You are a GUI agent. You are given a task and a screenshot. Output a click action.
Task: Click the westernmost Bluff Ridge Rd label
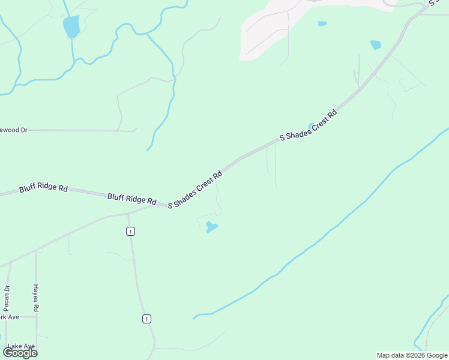[43, 188]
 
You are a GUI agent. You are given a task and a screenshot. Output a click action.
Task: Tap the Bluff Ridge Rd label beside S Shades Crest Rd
[132, 199]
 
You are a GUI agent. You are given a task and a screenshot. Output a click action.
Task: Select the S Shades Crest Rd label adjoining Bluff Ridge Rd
[196, 190]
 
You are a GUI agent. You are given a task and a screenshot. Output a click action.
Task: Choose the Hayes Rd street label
[36, 297]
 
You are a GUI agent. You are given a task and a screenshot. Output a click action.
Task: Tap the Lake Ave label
[21, 346]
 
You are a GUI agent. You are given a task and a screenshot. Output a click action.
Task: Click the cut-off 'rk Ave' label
[10, 317]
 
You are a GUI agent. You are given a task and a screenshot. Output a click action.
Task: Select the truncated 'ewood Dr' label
[14, 129]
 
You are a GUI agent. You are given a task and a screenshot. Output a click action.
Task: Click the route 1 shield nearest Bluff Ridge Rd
[130, 232]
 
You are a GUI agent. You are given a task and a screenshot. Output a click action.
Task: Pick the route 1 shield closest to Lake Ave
[146, 319]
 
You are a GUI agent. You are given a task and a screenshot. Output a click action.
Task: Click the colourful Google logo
[20, 353]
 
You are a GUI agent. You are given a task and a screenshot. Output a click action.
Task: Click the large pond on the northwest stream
[71, 26]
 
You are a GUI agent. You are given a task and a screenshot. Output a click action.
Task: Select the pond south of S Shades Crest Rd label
[211, 227]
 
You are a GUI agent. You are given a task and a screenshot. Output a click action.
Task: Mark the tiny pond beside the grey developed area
[322, 24]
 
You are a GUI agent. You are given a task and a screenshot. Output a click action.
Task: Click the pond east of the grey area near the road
[376, 44]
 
